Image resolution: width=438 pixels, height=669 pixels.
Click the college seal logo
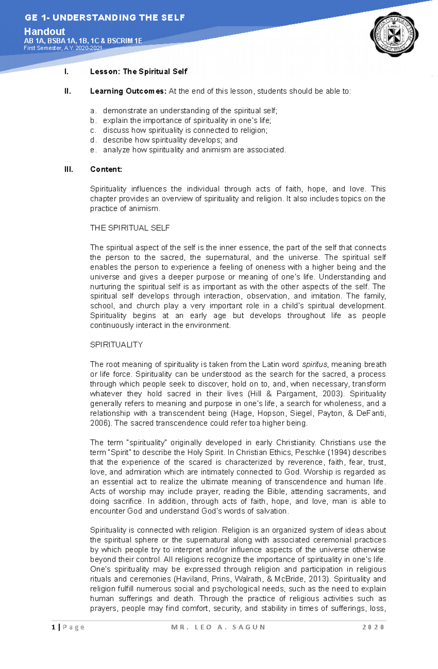(x=394, y=35)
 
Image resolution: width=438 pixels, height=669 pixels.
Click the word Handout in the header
(x=45, y=31)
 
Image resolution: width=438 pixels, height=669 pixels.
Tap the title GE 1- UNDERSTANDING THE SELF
(x=105, y=17)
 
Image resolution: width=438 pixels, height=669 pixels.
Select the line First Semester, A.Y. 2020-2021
(x=63, y=48)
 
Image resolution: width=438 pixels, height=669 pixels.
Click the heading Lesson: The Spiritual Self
(x=139, y=71)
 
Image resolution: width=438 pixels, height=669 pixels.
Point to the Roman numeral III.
(x=69, y=169)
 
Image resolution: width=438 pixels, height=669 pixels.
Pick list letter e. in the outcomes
(x=93, y=150)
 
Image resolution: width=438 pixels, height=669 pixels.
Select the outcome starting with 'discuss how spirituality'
(x=185, y=130)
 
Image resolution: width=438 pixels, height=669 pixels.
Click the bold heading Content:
(x=106, y=169)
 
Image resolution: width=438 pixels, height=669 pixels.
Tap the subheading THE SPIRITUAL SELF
(x=130, y=228)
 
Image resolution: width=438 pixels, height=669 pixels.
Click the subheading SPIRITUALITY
(x=116, y=345)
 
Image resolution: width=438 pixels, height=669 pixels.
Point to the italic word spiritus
(x=315, y=364)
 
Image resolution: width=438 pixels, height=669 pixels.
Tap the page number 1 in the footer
(x=54, y=627)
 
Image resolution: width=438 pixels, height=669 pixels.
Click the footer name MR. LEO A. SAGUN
(x=218, y=627)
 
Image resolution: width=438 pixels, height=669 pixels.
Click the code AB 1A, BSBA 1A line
(x=83, y=41)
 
